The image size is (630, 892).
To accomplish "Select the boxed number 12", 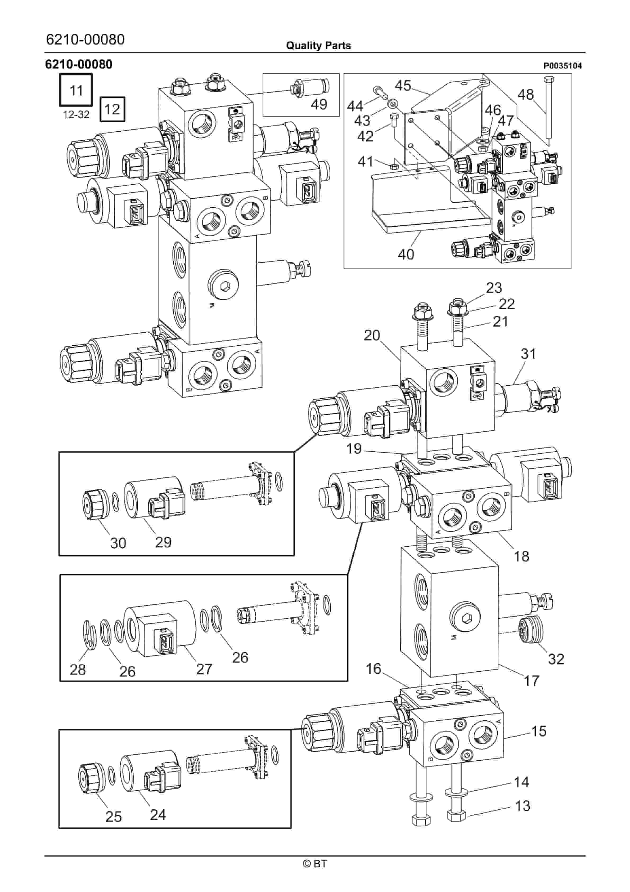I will [112, 109].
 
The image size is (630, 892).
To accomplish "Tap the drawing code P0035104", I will [562, 66].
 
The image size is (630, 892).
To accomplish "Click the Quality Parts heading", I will [318, 46].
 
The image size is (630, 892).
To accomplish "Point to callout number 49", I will [319, 104].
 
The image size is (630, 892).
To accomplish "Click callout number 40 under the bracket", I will [406, 255].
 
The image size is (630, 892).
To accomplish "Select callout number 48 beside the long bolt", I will [525, 94].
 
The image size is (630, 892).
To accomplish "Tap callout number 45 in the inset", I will [403, 86].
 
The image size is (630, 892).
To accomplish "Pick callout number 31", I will [528, 354].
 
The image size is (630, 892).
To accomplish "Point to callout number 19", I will [354, 449].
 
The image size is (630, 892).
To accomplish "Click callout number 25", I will [113, 817].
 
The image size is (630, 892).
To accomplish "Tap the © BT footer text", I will [315, 864].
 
